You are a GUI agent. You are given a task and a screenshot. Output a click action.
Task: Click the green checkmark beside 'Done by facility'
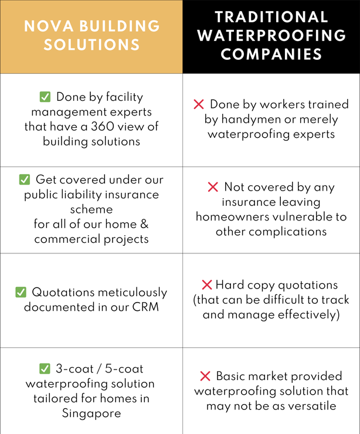pos(45,97)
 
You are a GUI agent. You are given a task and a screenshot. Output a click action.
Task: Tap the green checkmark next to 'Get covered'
pos(25,179)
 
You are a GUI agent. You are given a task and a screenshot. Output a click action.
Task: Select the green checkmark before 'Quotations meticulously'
pos(21,292)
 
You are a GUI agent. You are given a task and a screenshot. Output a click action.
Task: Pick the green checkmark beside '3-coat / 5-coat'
pos(45,369)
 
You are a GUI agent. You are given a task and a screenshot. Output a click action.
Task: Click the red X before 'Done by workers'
pos(199,104)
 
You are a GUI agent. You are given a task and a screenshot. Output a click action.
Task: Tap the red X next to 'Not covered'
pos(213,187)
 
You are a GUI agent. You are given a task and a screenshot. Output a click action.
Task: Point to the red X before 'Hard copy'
pos(207,285)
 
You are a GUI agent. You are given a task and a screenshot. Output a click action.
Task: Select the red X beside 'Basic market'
pos(205,376)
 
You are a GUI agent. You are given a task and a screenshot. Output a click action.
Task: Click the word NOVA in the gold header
pos(49,26)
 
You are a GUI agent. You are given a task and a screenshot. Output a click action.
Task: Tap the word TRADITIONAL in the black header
pos(271,17)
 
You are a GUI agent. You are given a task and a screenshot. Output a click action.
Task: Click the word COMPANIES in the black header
pos(271,54)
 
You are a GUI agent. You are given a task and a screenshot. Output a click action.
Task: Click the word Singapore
pos(91,413)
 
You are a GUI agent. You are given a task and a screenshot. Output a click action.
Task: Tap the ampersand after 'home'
pos(144,224)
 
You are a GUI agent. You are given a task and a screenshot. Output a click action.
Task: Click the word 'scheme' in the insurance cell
pos(91,209)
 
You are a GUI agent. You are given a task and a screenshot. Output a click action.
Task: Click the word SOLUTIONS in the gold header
pos(91,45)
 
